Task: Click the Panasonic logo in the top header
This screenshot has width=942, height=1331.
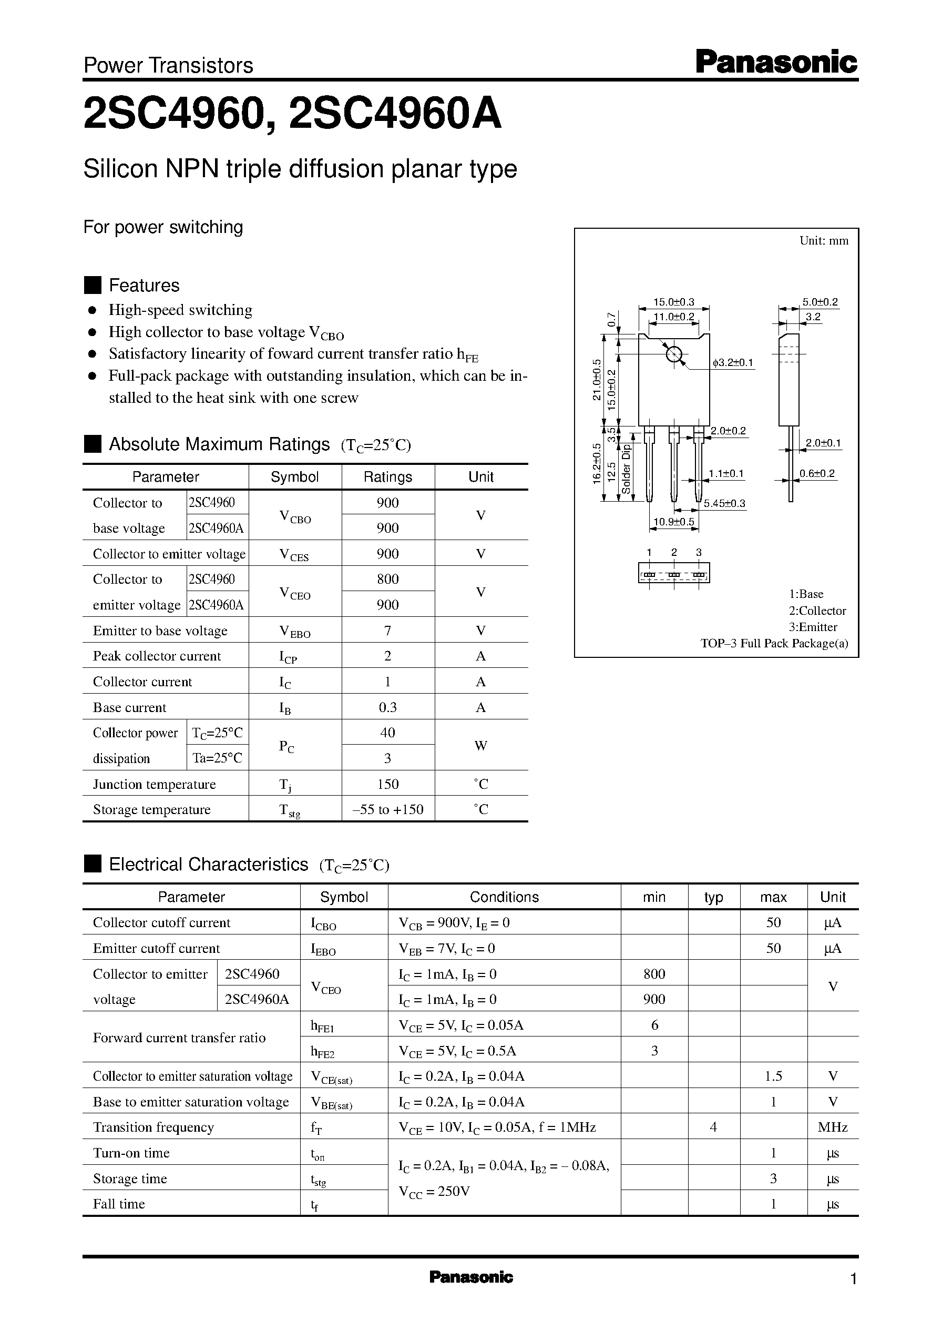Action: [775, 62]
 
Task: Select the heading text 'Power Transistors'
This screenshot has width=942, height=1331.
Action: [168, 66]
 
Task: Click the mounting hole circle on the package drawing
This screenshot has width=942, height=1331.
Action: [674, 353]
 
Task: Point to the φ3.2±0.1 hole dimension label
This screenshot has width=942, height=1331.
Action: [733, 363]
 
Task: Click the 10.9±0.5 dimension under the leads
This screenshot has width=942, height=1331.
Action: [673, 522]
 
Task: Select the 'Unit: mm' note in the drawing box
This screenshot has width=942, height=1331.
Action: [824, 241]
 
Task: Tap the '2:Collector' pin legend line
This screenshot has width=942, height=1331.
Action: [817, 611]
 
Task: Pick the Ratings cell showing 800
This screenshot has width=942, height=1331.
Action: [387, 578]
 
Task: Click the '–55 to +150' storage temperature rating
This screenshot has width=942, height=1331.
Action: [387, 809]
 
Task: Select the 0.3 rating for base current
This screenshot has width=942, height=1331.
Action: [387, 707]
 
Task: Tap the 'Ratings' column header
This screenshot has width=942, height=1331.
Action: [387, 477]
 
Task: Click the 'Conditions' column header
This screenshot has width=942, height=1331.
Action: [504, 897]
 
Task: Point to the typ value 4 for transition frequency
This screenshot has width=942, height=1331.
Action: [713, 1127]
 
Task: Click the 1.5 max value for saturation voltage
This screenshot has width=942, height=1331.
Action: [773, 1076]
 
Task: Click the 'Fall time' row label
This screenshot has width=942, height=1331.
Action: [119, 1203]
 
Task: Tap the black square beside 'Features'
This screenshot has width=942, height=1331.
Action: [93, 286]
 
